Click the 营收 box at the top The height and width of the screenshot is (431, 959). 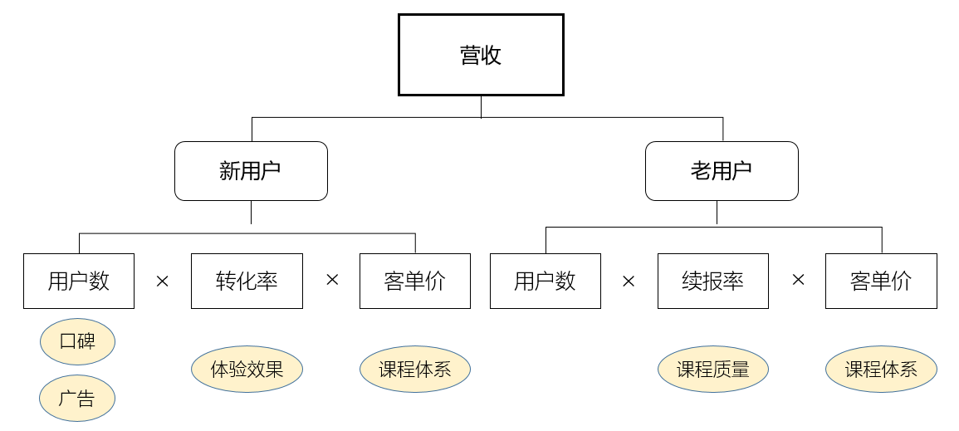(481, 55)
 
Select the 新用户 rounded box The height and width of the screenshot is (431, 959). (251, 171)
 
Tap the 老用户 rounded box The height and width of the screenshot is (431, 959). (722, 171)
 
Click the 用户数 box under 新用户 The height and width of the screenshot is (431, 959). (79, 281)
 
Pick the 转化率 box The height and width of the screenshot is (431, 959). (247, 281)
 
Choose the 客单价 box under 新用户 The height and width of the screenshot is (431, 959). (415, 281)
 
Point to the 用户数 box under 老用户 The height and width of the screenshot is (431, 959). (546, 281)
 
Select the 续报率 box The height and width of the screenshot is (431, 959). (713, 281)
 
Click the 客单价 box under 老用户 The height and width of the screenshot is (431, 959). (881, 281)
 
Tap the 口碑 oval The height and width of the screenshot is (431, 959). (77, 341)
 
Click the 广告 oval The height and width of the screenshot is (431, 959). (77, 399)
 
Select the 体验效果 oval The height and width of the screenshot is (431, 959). (247, 369)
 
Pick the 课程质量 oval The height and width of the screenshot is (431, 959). (713, 369)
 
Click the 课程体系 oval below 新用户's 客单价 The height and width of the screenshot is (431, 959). (415, 369)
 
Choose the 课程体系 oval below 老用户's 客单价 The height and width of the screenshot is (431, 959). (881, 369)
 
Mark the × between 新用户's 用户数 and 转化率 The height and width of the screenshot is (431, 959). (163, 281)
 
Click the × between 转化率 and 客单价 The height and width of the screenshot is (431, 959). (332, 281)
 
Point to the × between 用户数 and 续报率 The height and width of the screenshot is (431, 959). (629, 281)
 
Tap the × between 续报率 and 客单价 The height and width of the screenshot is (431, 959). (798, 281)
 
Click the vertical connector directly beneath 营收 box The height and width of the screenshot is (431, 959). (481, 106)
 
